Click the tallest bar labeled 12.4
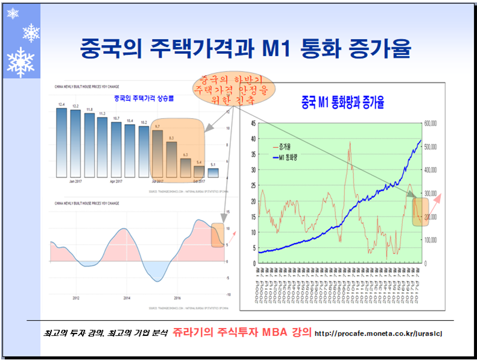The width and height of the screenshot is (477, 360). tap(61, 143)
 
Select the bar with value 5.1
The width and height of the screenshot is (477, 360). tap(213, 172)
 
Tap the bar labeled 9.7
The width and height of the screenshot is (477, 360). tap(157, 153)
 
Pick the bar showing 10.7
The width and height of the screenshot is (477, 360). tap(116, 149)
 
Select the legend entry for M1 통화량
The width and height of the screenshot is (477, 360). tap(291, 157)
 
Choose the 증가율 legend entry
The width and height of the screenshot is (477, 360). tap(287, 147)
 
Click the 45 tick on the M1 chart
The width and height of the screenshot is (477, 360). tap(252, 123)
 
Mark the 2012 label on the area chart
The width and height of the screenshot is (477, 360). tap(76, 298)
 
